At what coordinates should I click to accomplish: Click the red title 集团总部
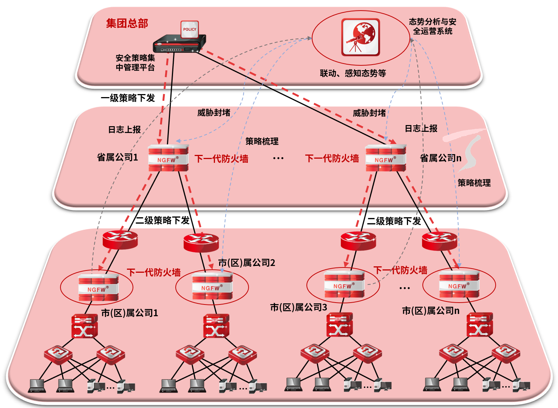tap(127, 23)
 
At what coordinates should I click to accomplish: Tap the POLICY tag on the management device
tap(190, 29)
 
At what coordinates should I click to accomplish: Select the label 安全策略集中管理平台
tap(135, 63)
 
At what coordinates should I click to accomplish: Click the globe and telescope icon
tap(360, 37)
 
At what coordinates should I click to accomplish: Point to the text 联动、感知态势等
tap(353, 73)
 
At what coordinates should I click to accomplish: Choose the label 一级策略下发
tap(128, 98)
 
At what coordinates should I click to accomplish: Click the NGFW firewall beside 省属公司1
tap(168, 158)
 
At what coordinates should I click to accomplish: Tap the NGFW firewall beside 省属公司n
tap(385, 158)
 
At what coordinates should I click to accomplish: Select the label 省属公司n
tap(441, 158)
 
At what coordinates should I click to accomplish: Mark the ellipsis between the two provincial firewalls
tap(278, 158)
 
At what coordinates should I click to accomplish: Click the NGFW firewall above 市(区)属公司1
tap(98, 288)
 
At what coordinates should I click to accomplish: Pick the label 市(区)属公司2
tap(247, 263)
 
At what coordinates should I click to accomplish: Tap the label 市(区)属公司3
tap(298, 308)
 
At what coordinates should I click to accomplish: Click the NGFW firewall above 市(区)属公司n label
tap(459, 284)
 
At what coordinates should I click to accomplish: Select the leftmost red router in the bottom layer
tap(120, 239)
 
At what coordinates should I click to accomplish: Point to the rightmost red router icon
tap(439, 241)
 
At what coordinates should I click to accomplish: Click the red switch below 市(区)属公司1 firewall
tap(85, 326)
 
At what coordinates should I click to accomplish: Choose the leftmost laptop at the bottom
tap(37, 385)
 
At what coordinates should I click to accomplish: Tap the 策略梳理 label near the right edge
tap(474, 183)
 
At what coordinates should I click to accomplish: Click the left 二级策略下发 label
tap(162, 220)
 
